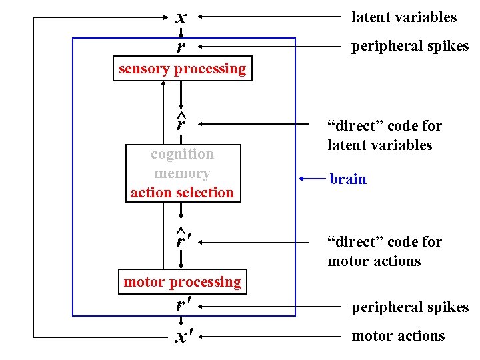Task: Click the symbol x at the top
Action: coord(181,17)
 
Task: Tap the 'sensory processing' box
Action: coord(182,69)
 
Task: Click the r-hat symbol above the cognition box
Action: coord(181,122)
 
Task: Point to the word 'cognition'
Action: coord(182,154)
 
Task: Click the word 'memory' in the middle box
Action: coord(182,173)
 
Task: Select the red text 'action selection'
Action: coord(182,193)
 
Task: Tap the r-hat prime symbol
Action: coord(182,239)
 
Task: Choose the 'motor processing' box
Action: coord(182,281)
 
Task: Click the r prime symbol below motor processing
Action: coord(182,306)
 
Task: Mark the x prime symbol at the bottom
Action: coord(182,337)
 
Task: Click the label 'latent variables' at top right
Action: coord(404,17)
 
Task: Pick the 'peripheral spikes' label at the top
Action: coord(410,46)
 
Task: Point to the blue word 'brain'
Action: coord(347,179)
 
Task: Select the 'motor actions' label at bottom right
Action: coord(398,336)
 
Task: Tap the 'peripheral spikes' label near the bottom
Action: coord(410,307)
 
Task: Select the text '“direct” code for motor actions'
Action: coord(384,251)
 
